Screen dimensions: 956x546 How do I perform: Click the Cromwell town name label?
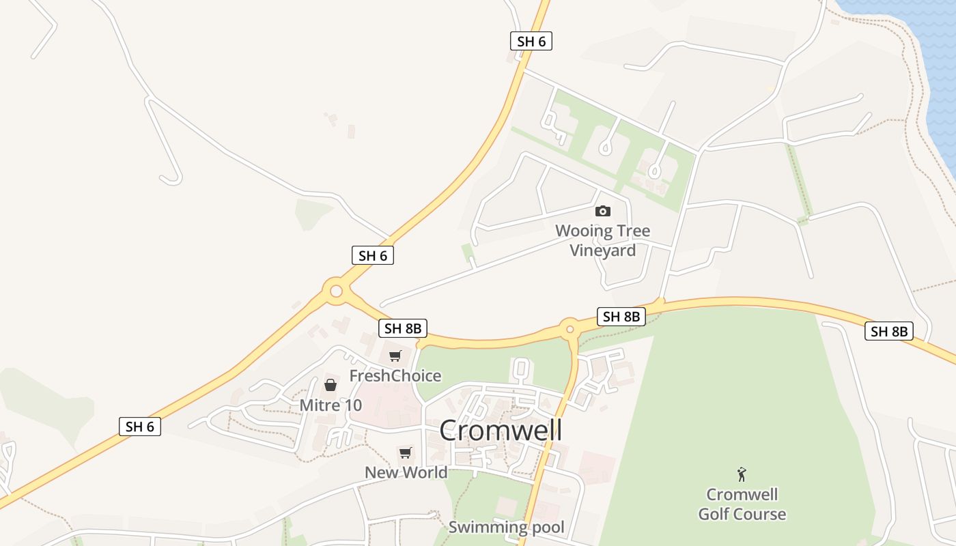501,431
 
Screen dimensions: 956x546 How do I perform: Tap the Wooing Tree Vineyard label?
603,240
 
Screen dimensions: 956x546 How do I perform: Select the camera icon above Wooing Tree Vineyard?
603,211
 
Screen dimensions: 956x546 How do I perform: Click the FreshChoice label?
395,376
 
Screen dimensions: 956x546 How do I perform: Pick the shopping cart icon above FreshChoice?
395,356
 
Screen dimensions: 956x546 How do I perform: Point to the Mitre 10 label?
331,405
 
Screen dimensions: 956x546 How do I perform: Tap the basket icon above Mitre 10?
331,386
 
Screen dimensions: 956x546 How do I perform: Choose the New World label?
406,472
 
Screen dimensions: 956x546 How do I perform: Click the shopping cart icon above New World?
406,452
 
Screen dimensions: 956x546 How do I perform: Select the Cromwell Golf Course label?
742,504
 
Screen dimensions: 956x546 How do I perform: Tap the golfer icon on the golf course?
742,474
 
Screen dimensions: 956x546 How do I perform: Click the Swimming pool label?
507,527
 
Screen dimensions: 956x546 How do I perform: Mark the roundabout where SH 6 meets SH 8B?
336,291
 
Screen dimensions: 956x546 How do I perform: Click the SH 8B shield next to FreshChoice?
403,328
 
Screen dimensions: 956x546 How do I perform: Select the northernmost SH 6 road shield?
531,41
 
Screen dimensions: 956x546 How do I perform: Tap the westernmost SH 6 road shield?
140,427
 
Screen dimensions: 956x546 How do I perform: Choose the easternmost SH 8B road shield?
888,332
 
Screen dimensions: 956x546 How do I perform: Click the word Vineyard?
603,250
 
